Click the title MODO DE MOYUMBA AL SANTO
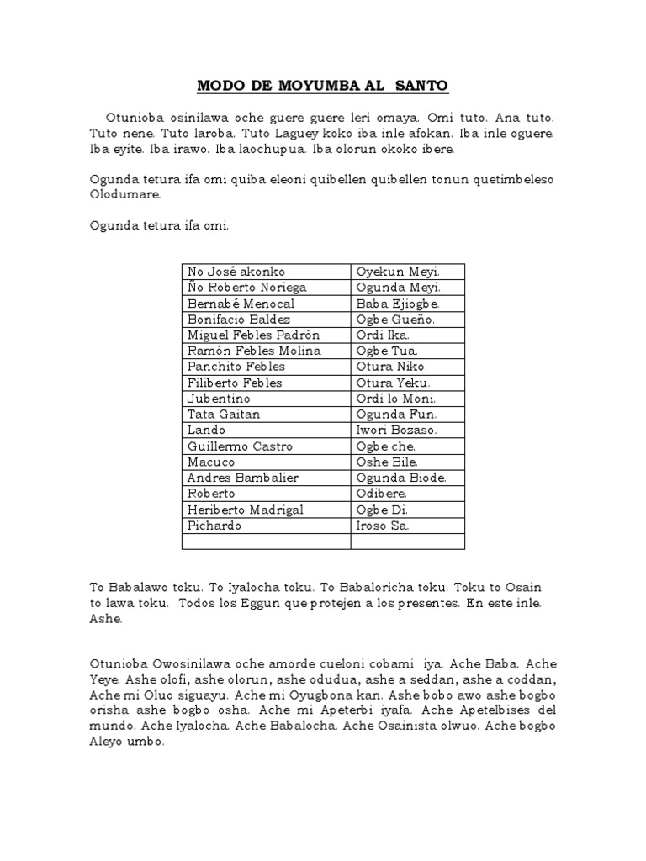(323, 86)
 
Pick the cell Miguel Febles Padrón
(253, 335)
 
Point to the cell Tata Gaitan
(224, 414)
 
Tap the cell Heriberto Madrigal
(245, 510)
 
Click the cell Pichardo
(214, 526)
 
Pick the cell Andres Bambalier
(243, 478)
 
